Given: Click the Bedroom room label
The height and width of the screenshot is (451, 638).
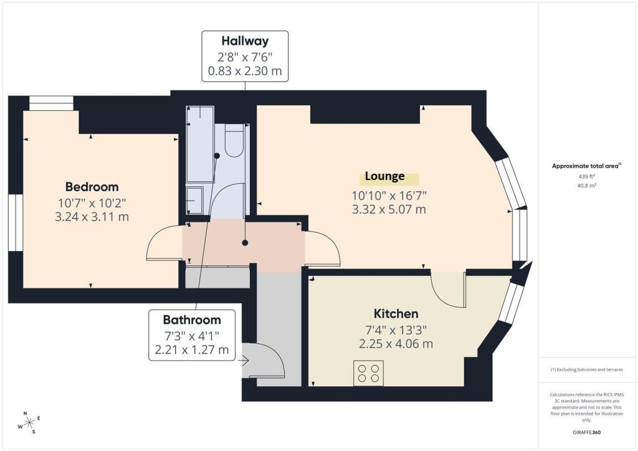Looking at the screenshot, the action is pyautogui.click(x=92, y=187).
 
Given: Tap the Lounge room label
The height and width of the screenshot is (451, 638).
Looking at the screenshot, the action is pyautogui.click(x=385, y=176).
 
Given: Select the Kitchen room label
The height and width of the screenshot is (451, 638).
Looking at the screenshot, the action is pyautogui.click(x=396, y=313).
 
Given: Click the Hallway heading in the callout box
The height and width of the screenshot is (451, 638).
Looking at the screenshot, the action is pyautogui.click(x=245, y=40).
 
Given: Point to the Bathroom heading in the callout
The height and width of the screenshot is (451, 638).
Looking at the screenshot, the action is pyautogui.click(x=192, y=320).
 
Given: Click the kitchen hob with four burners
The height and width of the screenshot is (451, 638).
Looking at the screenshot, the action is pyautogui.click(x=368, y=373).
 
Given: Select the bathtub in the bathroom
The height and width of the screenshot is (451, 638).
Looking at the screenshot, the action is pyautogui.click(x=200, y=144).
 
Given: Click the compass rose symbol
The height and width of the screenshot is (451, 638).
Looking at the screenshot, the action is pyautogui.click(x=30, y=422).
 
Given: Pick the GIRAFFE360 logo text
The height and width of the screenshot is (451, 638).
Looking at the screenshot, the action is pyautogui.click(x=586, y=432).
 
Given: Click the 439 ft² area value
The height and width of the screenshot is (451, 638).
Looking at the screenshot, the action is pyautogui.click(x=587, y=176).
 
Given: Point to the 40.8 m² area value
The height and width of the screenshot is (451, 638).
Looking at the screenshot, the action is pyautogui.click(x=587, y=186).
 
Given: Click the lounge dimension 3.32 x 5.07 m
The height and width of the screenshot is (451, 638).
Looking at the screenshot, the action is pyautogui.click(x=389, y=209).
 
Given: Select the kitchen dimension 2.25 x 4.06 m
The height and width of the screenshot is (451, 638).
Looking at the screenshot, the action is pyautogui.click(x=396, y=344).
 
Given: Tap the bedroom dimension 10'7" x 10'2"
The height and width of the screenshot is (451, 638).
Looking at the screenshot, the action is pyautogui.click(x=92, y=202).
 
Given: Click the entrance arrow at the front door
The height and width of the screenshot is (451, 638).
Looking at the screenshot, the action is pyautogui.click(x=244, y=360).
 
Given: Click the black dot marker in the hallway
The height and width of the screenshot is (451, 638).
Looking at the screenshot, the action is pyautogui.click(x=245, y=243).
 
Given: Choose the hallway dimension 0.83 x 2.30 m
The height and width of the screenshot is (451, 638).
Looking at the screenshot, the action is pyautogui.click(x=245, y=71).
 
